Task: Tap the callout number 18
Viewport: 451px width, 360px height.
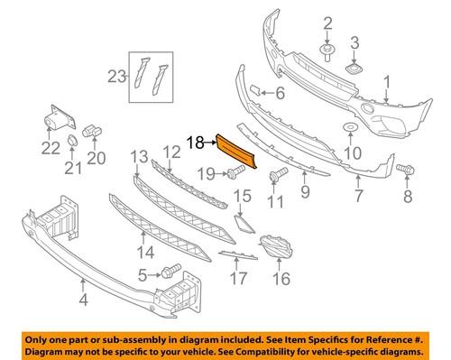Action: (x=196, y=141)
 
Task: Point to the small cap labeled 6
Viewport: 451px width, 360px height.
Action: (x=256, y=91)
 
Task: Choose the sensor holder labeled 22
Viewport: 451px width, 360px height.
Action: (x=59, y=120)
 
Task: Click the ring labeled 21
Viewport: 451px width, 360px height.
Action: (x=70, y=141)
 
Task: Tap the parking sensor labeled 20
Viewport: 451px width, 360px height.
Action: (x=92, y=134)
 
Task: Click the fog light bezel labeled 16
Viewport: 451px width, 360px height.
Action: (x=274, y=246)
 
